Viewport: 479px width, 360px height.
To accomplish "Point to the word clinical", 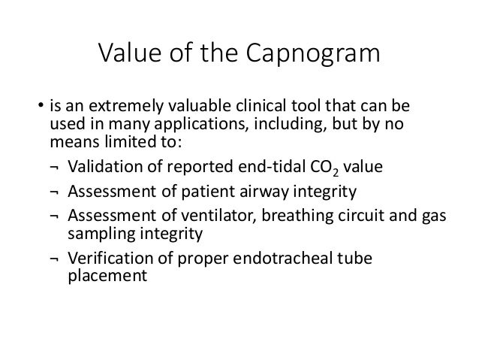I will click(x=260, y=104).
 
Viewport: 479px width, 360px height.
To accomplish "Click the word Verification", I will click(x=107, y=259).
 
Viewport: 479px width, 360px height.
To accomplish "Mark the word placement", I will click(x=95, y=277).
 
